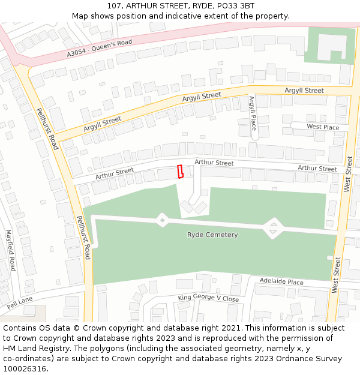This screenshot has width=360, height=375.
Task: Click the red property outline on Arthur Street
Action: [179, 172]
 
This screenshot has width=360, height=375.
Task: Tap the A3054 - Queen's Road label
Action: [99, 48]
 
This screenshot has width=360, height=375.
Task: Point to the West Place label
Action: [323, 127]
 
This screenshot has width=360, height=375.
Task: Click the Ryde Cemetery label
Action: [212, 235]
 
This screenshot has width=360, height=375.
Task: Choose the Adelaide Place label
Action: [281, 281]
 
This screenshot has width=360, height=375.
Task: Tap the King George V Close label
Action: [208, 298]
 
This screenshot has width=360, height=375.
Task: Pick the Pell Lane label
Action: [20, 302]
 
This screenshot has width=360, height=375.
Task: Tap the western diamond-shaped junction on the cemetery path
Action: [162, 220]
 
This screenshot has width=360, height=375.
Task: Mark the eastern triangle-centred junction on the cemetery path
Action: [273, 227]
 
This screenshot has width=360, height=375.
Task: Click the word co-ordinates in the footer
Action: [27, 359]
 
